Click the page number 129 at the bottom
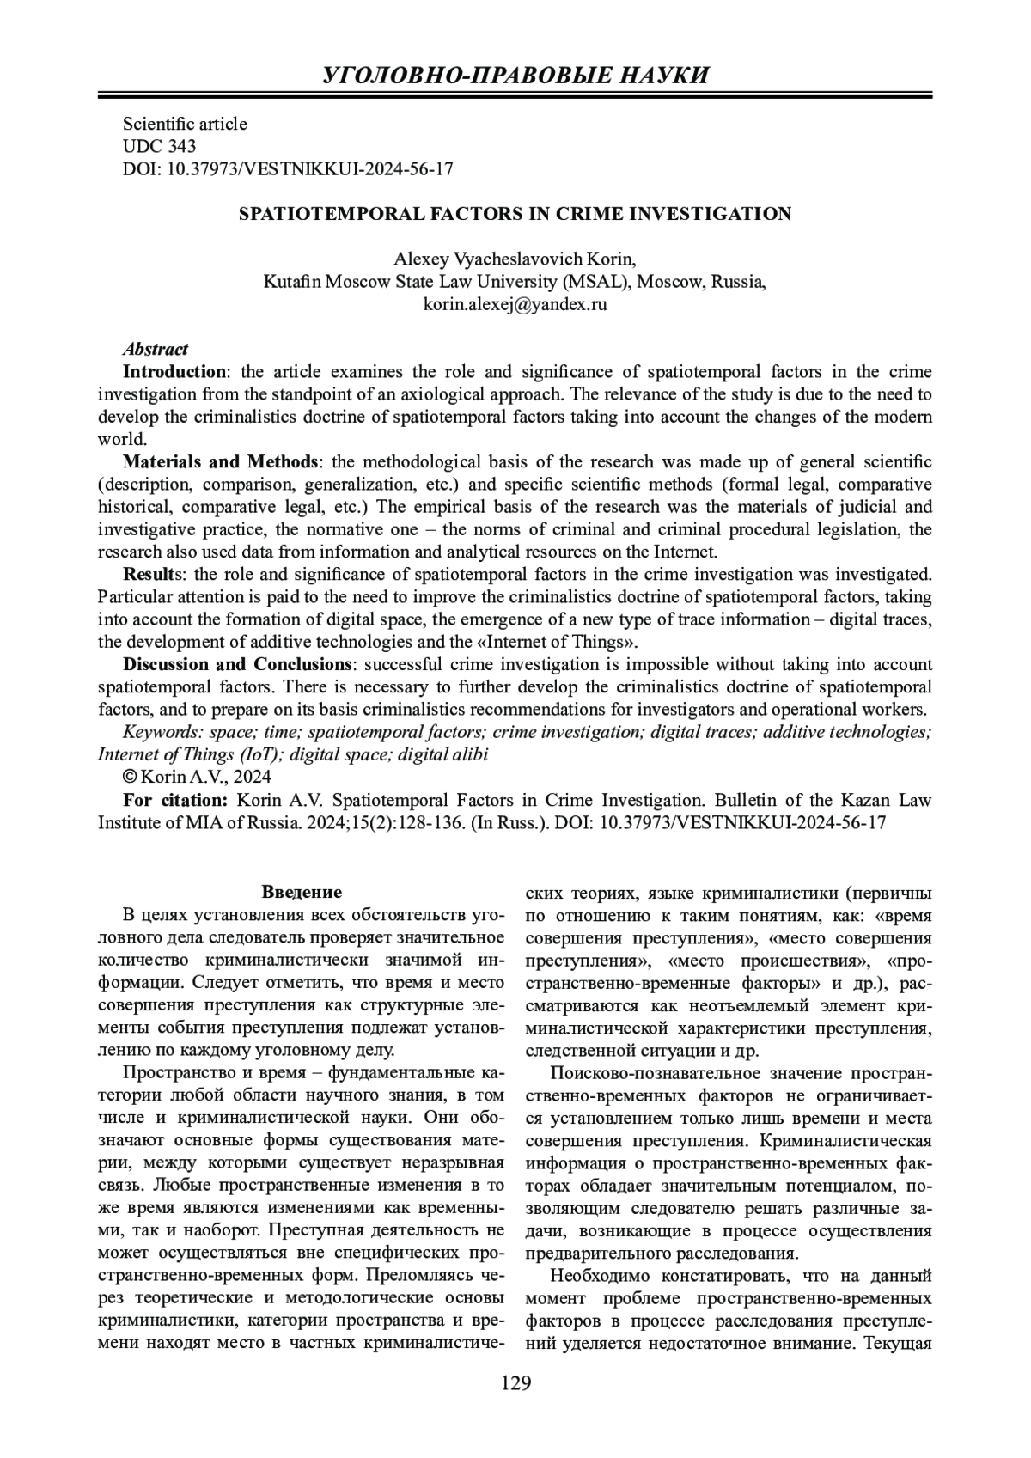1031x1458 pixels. point(515,1382)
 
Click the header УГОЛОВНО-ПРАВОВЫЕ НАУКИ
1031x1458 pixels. point(515,75)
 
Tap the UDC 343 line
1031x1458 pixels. point(160,146)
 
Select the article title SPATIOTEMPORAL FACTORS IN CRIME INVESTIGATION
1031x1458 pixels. point(515,214)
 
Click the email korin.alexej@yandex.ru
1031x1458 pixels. point(515,304)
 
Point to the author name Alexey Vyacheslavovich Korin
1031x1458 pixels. point(515,259)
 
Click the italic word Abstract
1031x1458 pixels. point(156,349)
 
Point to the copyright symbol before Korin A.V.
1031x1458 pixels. point(130,777)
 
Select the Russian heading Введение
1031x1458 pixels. point(302,892)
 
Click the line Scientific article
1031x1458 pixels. point(185,124)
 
